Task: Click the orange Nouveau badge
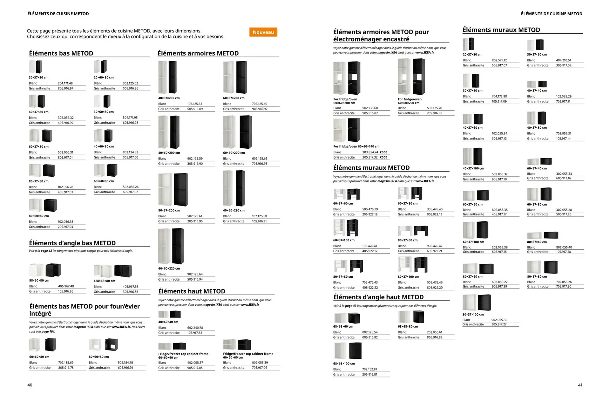click(x=263, y=32)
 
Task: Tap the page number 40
click(x=30, y=385)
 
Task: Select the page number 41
click(x=580, y=385)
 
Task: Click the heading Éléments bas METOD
click(x=61, y=53)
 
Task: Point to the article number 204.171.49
click(x=65, y=83)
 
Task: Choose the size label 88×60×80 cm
click(x=39, y=281)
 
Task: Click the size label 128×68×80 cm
click(x=104, y=281)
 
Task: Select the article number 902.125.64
click(x=195, y=274)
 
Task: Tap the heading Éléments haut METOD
click(x=192, y=291)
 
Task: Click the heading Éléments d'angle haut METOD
click(x=378, y=297)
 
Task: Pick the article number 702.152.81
click(x=369, y=369)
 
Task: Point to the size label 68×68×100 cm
click(x=344, y=364)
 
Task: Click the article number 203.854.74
click(x=370, y=152)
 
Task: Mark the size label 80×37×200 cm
click(x=169, y=210)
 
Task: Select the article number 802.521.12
click(x=499, y=60)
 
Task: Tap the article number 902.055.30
click(x=499, y=320)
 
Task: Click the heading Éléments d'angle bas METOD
click(x=72, y=243)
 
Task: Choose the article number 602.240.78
click(x=195, y=328)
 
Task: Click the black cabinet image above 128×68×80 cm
click(x=123, y=271)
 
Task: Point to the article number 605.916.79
click(x=125, y=368)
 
